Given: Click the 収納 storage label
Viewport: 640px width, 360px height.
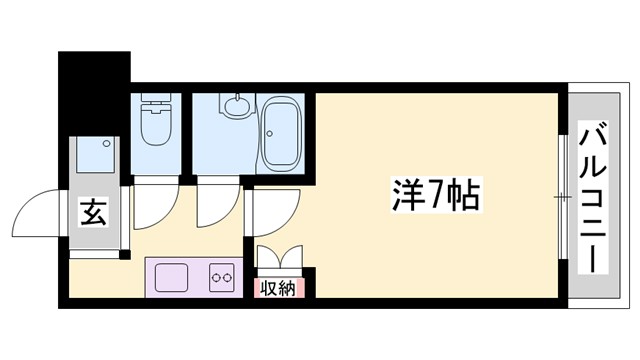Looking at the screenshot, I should pyautogui.click(x=278, y=288).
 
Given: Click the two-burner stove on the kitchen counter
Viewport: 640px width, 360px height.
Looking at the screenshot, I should pyautogui.click(x=221, y=277).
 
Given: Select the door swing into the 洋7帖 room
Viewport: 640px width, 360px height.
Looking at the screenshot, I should pyautogui.click(x=272, y=210).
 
